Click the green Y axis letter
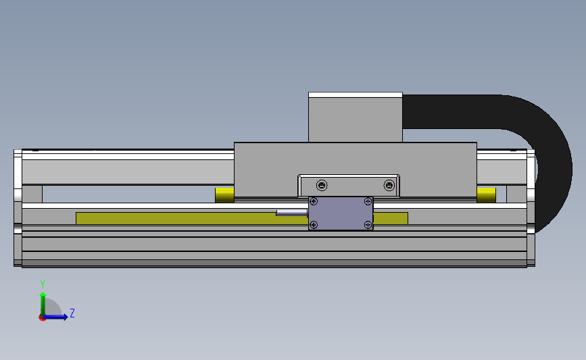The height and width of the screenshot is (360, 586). (x=42, y=284)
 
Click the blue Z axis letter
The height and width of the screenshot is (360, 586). (x=72, y=313)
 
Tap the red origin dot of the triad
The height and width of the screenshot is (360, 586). (x=43, y=317)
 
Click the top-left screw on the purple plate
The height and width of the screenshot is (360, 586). (x=314, y=201)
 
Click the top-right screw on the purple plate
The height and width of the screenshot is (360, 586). (x=367, y=201)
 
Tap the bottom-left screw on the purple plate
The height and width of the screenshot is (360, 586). (x=314, y=225)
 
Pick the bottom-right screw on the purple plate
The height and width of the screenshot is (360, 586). (x=367, y=225)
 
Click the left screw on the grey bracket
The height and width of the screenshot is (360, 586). (x=322, y=185)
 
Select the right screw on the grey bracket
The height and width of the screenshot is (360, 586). (x=389, y=185)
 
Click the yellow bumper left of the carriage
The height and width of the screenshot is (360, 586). (x=224, y=195)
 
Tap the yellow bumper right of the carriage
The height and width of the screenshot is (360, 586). (x=486, y=195)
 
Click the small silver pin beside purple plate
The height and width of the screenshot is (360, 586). (x=291, y=213)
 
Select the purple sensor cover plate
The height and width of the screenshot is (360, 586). (x=341, y=213)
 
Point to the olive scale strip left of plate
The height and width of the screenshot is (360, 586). (x=176, y=218)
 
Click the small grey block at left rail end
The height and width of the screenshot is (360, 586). (x=32, y=194)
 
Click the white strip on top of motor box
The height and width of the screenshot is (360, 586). (x=356, y=95)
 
